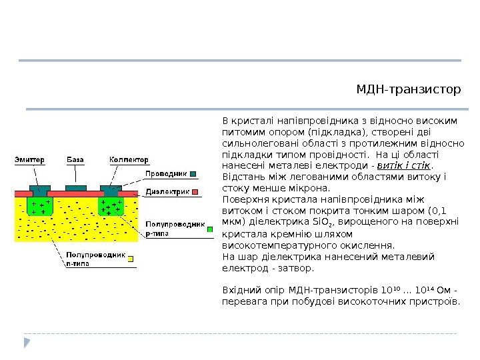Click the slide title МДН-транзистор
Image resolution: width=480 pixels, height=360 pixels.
409,89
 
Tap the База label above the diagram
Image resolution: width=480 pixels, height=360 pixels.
75,160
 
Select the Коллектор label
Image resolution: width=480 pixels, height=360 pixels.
129,160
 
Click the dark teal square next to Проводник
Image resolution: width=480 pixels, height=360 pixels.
193,174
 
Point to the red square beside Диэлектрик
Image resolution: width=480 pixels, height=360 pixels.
197,191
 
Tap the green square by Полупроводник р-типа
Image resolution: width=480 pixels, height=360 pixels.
209,229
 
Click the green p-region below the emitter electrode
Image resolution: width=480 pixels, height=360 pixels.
40,206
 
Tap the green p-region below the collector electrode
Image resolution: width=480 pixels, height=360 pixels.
111,206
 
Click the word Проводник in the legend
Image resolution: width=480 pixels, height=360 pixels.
165,174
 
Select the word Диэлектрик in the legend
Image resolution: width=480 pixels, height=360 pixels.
168,191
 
